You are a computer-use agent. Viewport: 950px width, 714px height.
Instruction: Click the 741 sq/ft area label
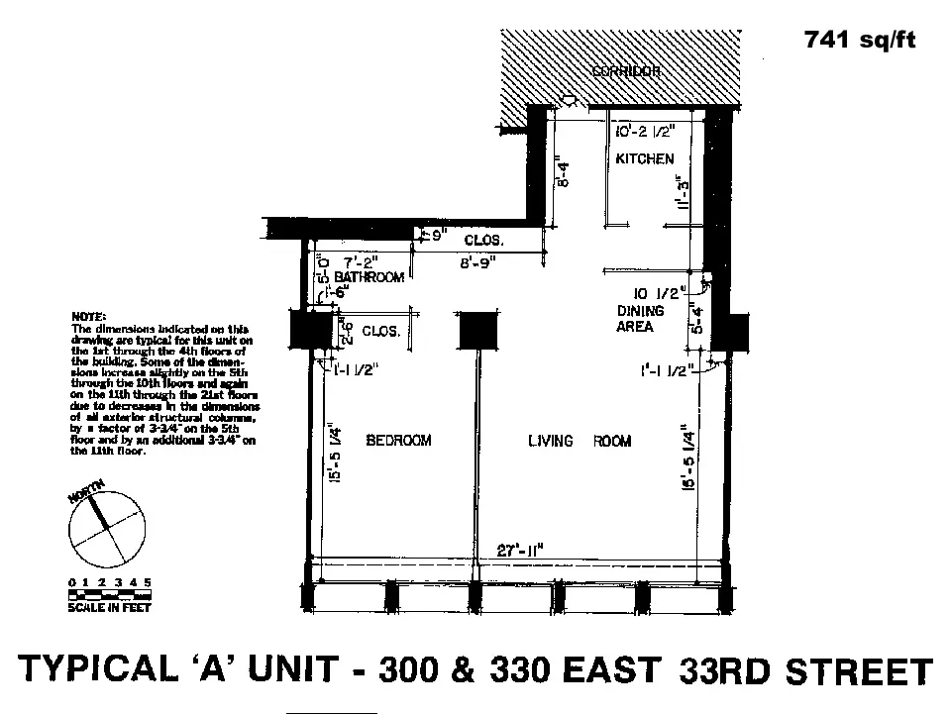click(860, 41)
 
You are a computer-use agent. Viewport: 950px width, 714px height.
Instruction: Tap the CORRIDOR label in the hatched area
click(625, 72)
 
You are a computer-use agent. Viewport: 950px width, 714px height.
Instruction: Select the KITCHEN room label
click(644, 158)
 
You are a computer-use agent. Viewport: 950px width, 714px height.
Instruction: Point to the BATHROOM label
click(369, 277)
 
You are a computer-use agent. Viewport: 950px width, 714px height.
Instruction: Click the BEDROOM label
click(398, 441)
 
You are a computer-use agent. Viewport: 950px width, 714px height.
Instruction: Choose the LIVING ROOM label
click(580, 441)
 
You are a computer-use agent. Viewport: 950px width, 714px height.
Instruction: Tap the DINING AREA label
click(641, 318)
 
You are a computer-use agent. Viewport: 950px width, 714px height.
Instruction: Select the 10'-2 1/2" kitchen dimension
click(644, 130)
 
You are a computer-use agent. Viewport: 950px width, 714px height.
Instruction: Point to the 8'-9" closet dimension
click(479, 263)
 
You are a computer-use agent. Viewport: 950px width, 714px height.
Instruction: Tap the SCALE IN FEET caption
click(109, 608)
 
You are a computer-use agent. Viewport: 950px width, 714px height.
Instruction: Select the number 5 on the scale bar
click(148, 581)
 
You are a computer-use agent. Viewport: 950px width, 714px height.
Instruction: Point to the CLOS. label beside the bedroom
click(380, 332)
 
